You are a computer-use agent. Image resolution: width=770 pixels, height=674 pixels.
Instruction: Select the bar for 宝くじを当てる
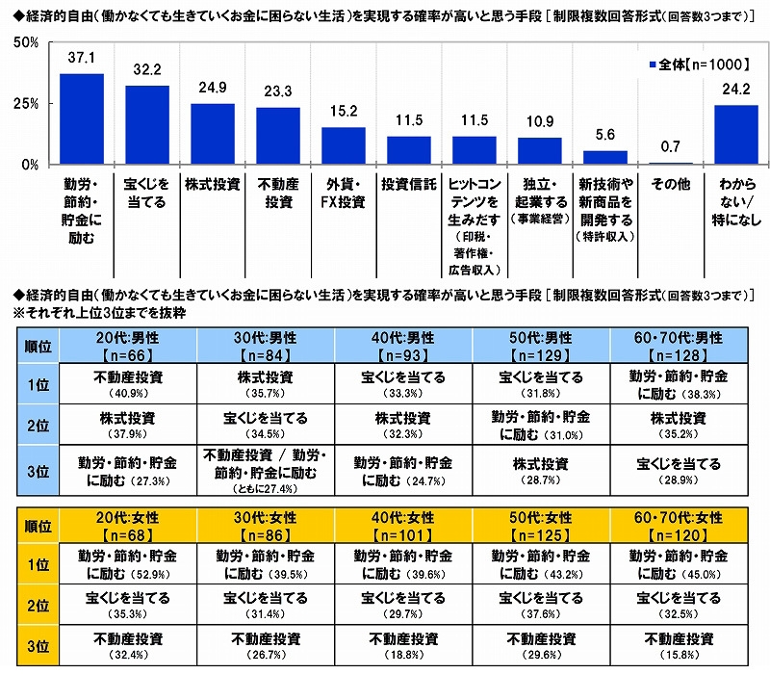[x=147, y=125]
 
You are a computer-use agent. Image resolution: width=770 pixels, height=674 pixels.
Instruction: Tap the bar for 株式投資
[x=213, y=134]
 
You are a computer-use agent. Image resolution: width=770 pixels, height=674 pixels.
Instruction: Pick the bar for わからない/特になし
[x=736, y=135]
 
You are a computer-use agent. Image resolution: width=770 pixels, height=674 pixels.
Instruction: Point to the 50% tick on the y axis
[x=25, y=42]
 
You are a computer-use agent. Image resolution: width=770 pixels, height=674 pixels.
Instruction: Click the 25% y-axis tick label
[x=25, y=103]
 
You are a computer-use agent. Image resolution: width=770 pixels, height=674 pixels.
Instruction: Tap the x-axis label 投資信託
[x=409, y=182]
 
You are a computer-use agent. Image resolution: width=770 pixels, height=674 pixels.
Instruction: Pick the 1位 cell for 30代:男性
[x=267, y=384]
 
